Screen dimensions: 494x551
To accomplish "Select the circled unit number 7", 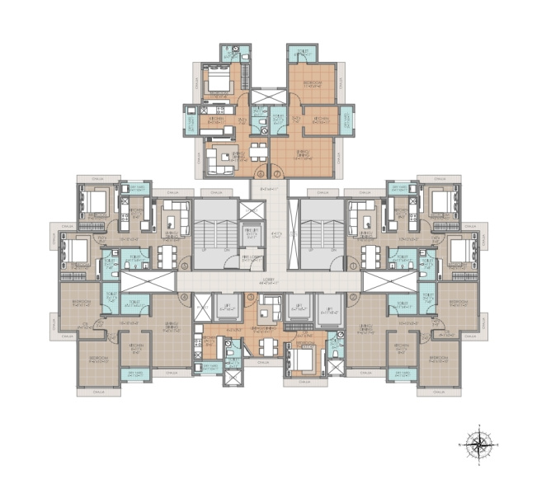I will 278,173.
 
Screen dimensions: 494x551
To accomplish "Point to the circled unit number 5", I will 185,266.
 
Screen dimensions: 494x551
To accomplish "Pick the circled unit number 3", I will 250,296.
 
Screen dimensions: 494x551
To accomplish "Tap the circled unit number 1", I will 353,266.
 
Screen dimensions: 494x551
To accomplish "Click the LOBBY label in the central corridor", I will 269,281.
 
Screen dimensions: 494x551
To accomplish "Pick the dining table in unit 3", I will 266,313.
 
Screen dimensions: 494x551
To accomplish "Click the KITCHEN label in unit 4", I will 137,346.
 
